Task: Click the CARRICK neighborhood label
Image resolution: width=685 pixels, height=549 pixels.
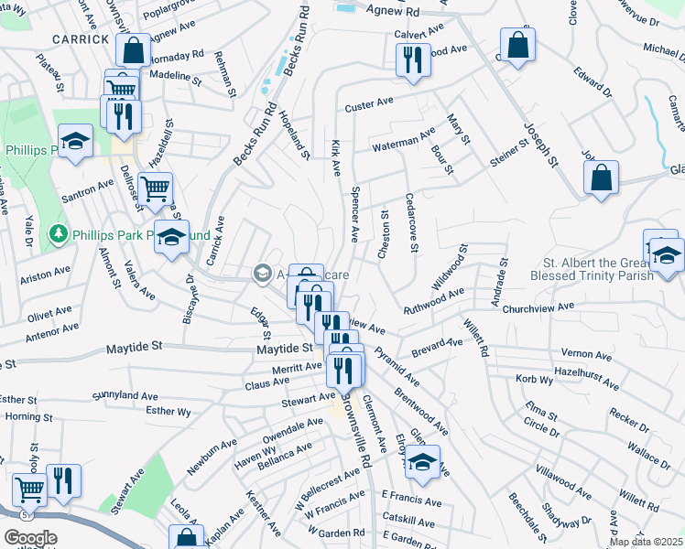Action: coord(81,38)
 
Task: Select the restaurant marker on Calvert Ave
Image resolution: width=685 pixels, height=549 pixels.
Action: coord(412,59)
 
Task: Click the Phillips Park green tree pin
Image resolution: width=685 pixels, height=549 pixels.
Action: coord(58,234)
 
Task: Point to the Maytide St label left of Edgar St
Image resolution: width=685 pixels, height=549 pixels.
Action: coord(133,347)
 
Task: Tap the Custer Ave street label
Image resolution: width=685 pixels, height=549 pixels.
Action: coord(368,107)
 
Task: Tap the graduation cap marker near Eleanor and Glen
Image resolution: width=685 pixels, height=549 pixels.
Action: coord(421,462)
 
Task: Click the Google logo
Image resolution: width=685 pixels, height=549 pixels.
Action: coord(29,538)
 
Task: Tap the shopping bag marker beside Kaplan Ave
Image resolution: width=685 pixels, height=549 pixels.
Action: coord(186,538)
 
